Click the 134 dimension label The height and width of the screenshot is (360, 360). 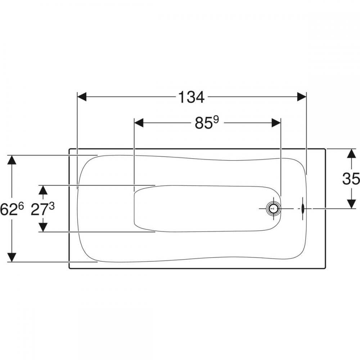pyautogui.click(x=191, y=97)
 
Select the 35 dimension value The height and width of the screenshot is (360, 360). pyautogui.click(x=351, y=179)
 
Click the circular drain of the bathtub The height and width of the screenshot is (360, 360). pyautogui.click(x=273, y=209)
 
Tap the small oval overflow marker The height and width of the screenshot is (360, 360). pyautogui.click(x=303, y=208)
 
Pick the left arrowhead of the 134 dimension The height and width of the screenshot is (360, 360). pyautogui.click(x=82, y=96)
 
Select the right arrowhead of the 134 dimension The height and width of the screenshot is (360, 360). pyautogui.click(x=301, y=96)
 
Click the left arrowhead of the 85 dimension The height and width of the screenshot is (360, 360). pyautogui.click(x=139, y=123)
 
